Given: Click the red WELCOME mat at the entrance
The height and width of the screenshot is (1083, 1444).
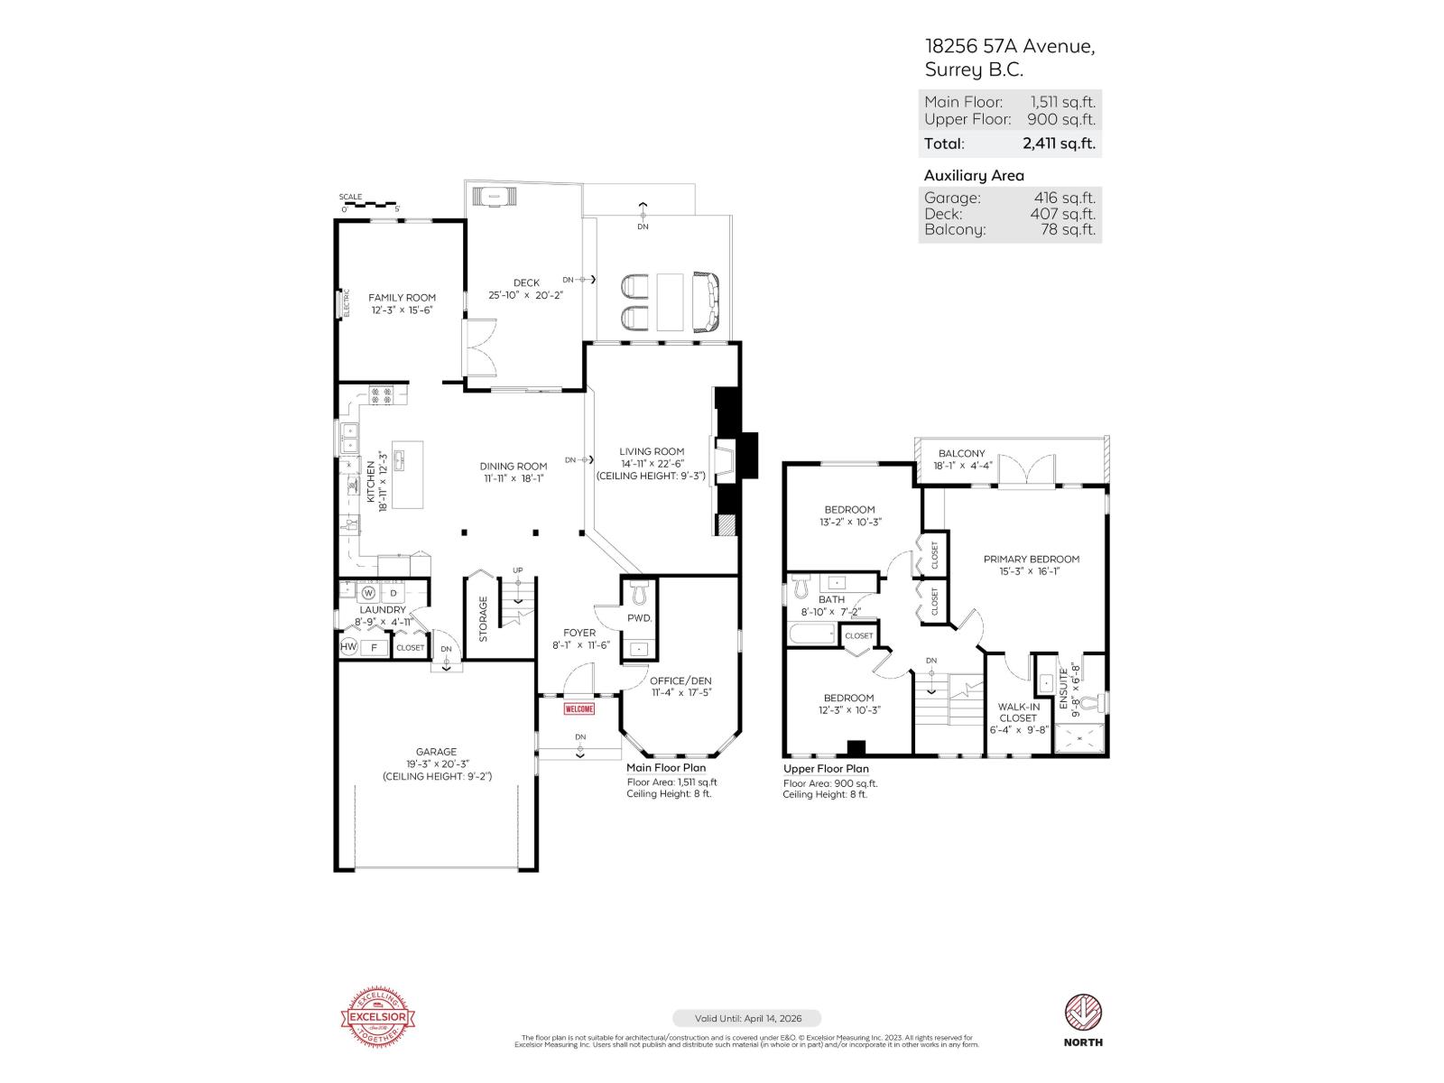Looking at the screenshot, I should click(x=579, y=708).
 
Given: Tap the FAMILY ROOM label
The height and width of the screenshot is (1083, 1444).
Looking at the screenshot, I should click(x=402, y=297).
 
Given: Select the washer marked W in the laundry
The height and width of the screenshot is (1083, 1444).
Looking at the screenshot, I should click(x=368, y=593).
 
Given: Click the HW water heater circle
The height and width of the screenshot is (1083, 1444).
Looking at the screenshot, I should click(x=348, y=647).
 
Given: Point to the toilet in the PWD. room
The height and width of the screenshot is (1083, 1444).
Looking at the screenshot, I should click(x=640, y=593).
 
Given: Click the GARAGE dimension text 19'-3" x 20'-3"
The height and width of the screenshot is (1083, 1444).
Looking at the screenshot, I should click(x=436, y=764).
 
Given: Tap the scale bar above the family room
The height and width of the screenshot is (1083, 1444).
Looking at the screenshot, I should click(x=369, y=206).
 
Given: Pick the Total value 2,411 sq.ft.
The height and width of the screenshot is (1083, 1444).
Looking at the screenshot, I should click(x=1059, y=143).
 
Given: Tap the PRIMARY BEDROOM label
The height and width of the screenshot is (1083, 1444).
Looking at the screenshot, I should click(x=1031, y=559).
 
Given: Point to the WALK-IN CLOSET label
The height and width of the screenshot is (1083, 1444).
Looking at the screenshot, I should click(x=1018, y=712).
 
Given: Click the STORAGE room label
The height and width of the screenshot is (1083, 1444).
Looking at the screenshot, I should click(x=483, y=618).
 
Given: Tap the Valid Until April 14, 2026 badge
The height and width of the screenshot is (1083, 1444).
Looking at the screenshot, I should click(x=745, y=1018).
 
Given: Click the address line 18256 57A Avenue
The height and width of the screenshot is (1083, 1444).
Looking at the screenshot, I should click(x=1009, y=46).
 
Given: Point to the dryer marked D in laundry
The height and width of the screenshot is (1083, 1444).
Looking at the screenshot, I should click(x=393, y=593).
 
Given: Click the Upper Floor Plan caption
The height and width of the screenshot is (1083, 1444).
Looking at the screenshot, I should click(x=826, y=769).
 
